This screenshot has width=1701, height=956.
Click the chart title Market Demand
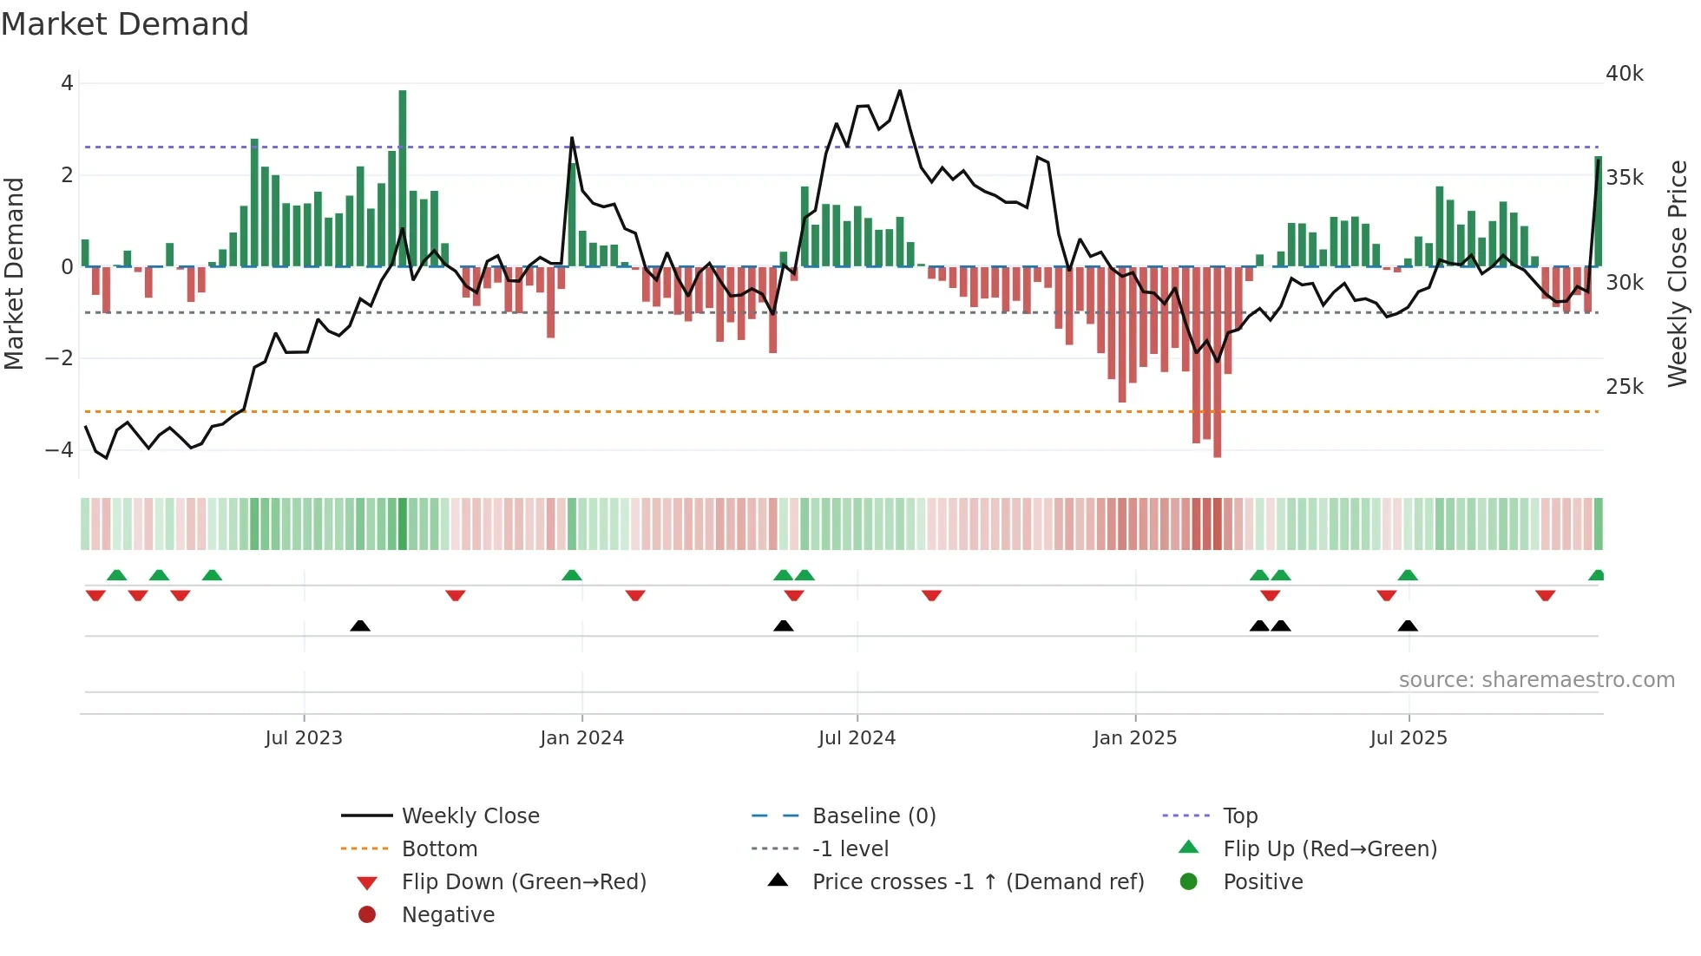125,24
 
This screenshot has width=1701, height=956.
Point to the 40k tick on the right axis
1624,74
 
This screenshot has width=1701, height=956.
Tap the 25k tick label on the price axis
1624,387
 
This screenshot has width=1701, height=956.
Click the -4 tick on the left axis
59,450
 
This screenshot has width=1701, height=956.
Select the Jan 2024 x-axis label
581,738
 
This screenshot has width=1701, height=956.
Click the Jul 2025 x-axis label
1408,738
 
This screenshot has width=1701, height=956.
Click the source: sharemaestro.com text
1536,680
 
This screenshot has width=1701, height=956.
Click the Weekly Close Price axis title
1678,273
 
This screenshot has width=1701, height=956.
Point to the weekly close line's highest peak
900,91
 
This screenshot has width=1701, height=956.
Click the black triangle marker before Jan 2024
360,626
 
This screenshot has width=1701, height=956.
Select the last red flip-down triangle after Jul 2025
1545,596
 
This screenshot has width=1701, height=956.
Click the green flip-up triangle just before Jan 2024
571,575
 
